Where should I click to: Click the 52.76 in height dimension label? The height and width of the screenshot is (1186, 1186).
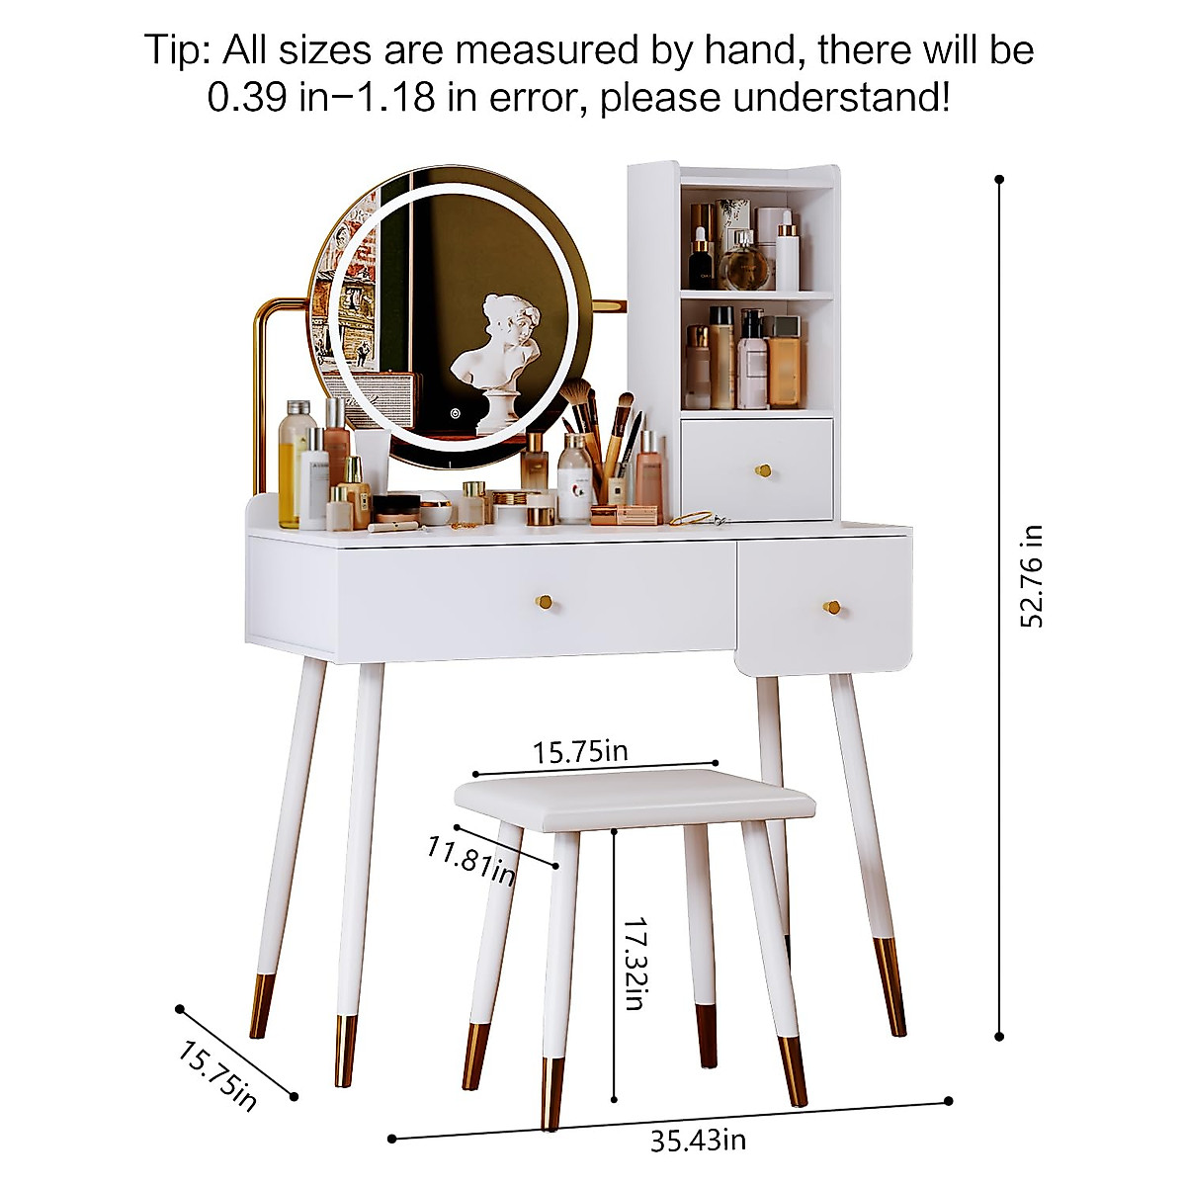pos(1033,576)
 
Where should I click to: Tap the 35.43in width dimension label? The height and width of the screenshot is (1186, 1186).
pos(698,1140)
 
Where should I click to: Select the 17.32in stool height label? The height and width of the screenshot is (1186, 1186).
pos(635,961)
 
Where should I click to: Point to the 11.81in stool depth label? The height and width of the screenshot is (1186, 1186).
pos(470,860)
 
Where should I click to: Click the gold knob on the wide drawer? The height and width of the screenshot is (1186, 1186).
pos(543,601)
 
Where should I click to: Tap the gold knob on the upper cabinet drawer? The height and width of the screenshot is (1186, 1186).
pos(762,469)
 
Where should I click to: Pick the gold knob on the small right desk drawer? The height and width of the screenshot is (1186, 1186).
pos(832,607)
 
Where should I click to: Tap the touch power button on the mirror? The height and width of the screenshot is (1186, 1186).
pos(456,414)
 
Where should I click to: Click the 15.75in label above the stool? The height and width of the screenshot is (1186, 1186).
pos(580,751)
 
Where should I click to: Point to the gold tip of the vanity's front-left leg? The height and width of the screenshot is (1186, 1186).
pos(346,1050)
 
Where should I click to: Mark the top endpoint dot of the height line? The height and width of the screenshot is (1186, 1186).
pos(999,179)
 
